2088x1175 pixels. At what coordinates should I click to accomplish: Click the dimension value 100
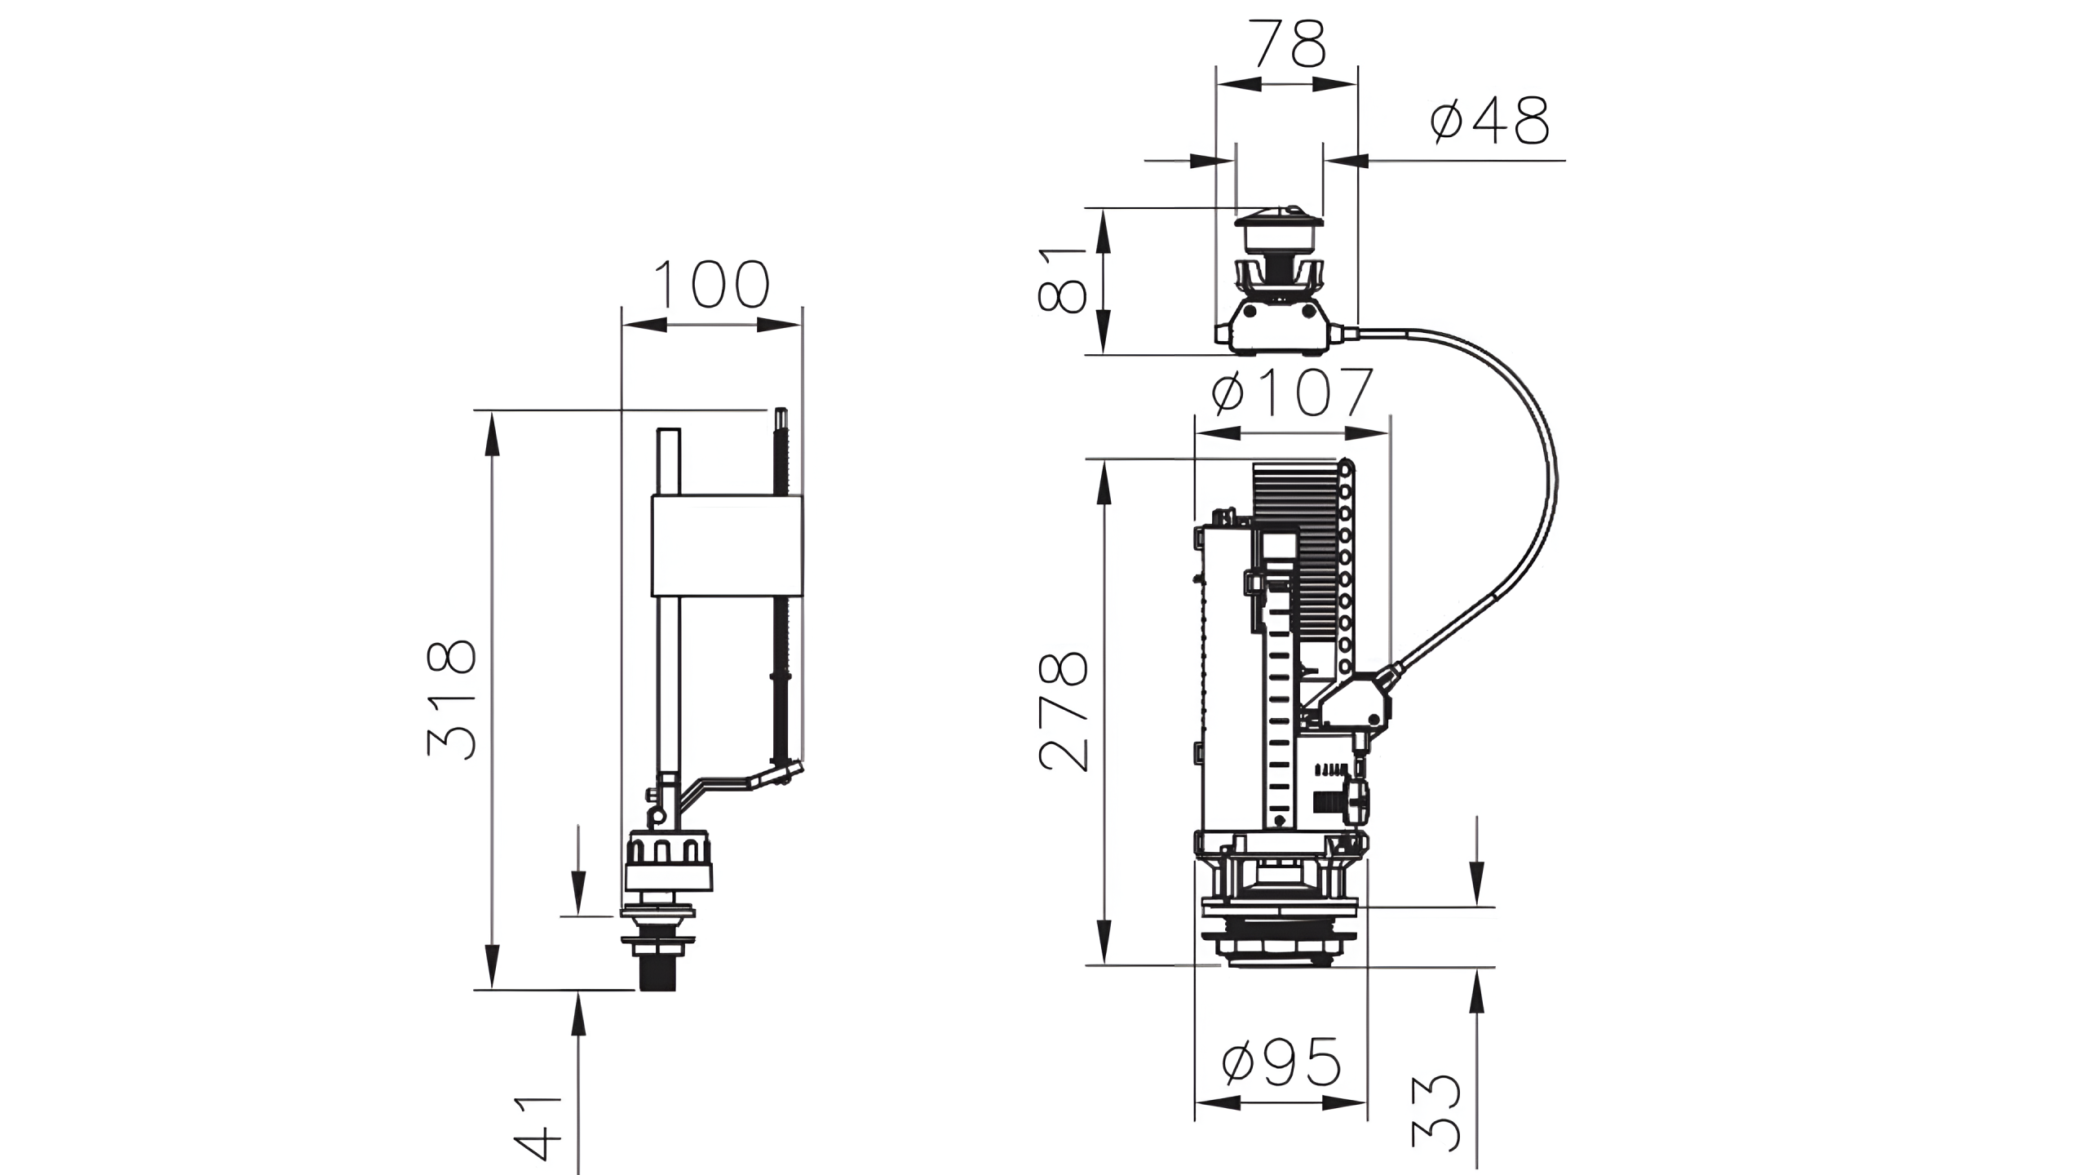click(711, 285)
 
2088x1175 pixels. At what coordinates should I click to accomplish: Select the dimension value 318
click(451, 700)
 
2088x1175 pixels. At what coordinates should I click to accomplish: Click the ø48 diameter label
click(1489, 122)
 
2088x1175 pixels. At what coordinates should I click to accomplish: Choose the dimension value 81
click(1062, 281)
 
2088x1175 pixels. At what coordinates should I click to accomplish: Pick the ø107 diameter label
click(1293, 392)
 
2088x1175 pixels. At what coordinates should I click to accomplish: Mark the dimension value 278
click(1064, 712)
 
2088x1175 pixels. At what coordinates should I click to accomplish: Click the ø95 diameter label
click(1281, 1062)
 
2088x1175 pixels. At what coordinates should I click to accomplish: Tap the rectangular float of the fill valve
click(726, 545)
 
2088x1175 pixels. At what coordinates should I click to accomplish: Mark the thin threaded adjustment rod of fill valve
click(781, 587)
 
